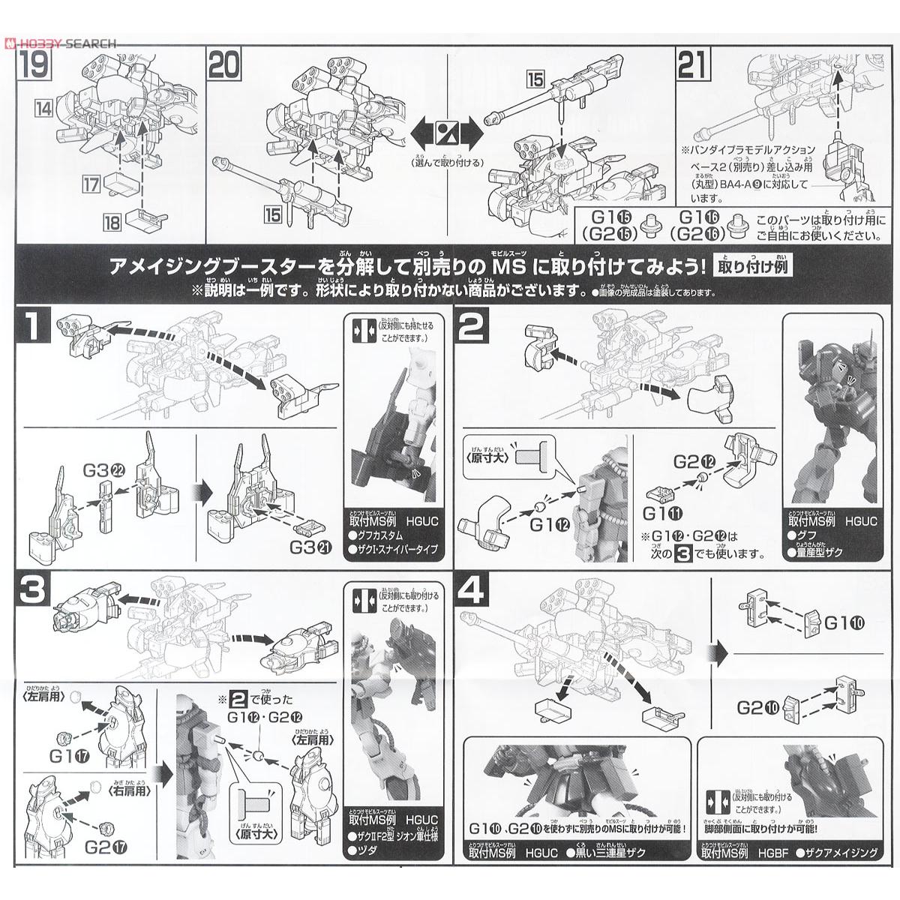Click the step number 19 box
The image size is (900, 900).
(x=32, y=67)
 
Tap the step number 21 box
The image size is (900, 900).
(x=692, y=67)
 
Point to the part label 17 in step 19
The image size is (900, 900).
(x=91, y=184)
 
